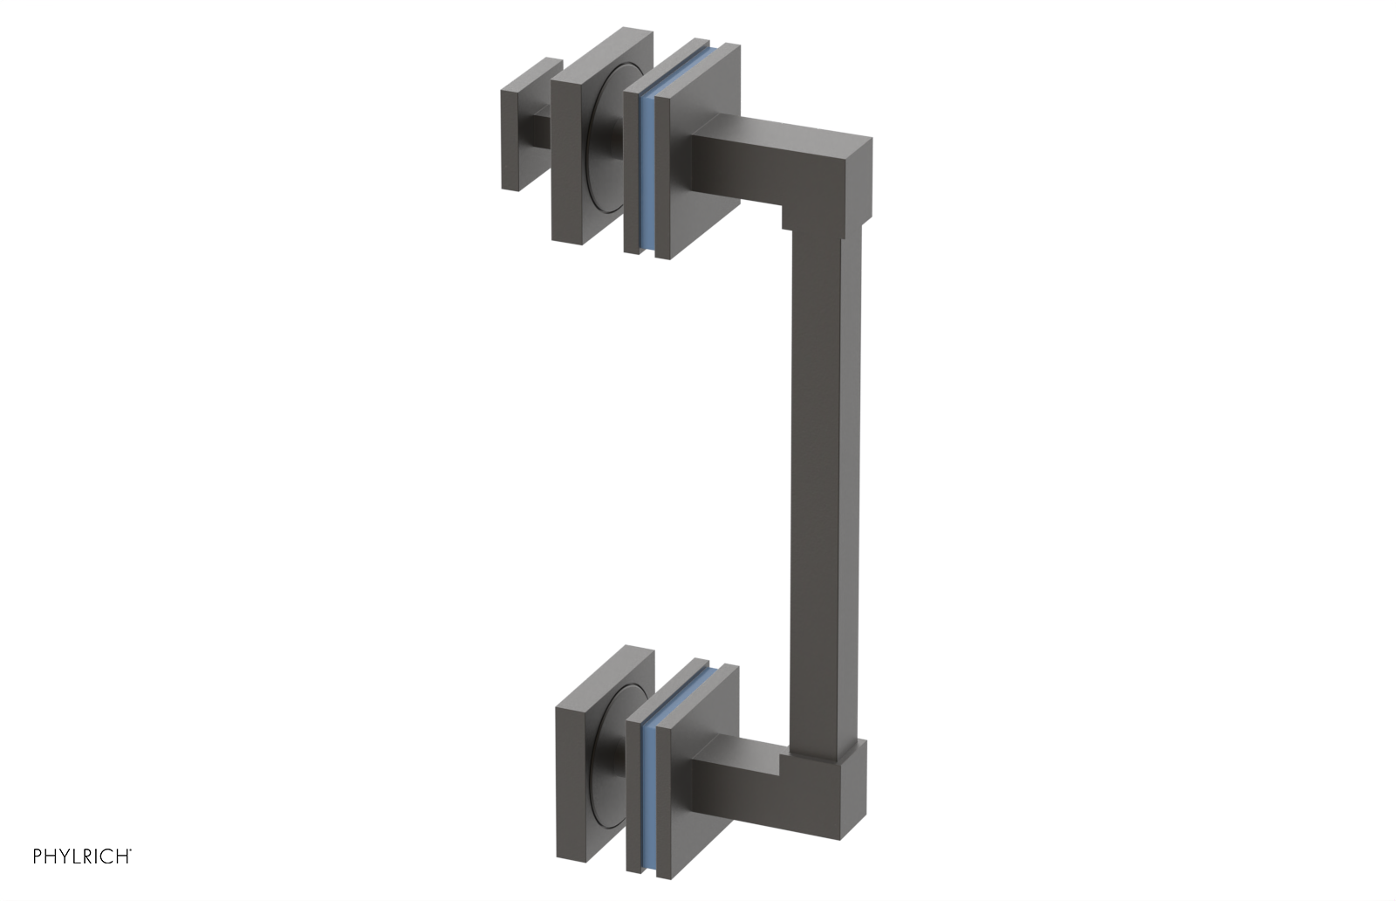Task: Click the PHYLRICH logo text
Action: click(82, 856)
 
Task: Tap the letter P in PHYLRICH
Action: click(38, 856)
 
